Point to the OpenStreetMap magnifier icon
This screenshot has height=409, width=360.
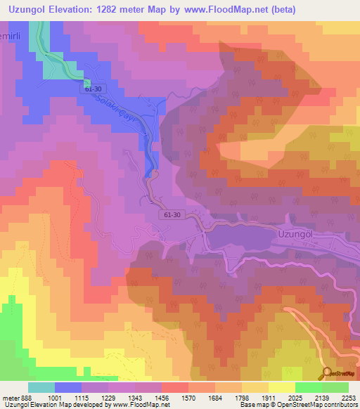[x=327, y=374]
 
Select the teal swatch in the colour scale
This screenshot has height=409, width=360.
[x=41, y=387]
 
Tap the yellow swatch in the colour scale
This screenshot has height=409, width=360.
[x=281, y=387]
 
